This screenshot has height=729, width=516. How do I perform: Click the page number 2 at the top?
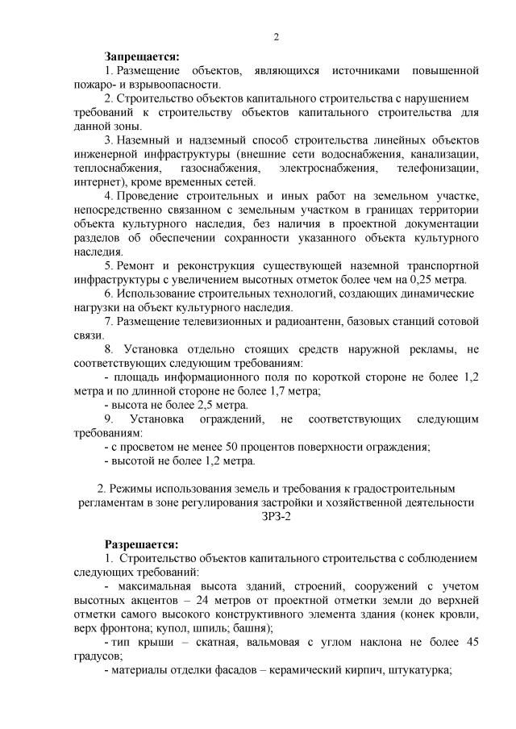click(277, 37)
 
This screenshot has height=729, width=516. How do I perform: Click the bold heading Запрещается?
click(142, 56)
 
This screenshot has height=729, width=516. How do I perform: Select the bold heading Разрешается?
click(142, 544)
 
